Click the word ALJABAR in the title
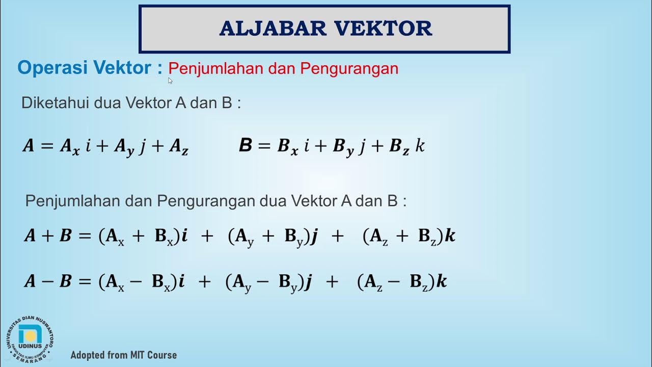click(267, 29)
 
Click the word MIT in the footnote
click(133, 355)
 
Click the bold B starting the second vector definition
click(246, 146)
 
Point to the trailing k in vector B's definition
click(420, 146)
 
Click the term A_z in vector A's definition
click(179, 147)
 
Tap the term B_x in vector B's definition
click(287, 147)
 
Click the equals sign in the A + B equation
click(85, 236)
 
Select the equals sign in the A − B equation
click(85, 281)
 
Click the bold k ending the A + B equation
click(450, 235)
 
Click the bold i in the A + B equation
click(184, 235)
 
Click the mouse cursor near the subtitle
click(170, 80)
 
